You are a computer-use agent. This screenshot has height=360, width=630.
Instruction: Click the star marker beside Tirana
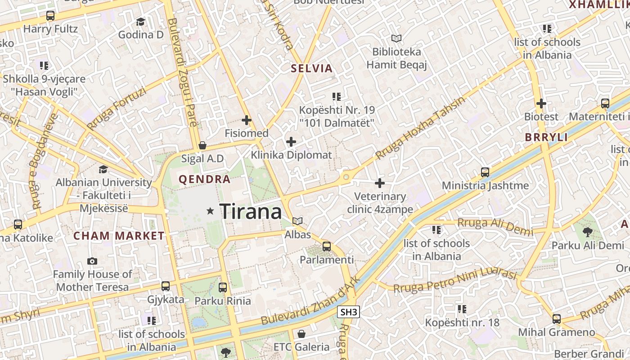click(x=210, y=211)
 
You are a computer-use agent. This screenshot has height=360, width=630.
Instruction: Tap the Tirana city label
click(x=251, y=211)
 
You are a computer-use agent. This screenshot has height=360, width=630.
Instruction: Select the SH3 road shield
click(x=349, y=312)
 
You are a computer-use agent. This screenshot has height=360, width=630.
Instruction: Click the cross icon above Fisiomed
click(x=246, y=120)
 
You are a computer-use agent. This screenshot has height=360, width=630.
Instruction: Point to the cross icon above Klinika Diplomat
click(x=291, y=142)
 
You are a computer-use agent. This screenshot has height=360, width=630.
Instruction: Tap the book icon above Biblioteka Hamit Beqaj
click(x=396, y=39)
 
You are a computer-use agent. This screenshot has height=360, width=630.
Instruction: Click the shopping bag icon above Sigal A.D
click(x=202, y=145)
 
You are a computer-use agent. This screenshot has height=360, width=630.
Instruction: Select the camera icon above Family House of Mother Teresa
click(x=92, y=261)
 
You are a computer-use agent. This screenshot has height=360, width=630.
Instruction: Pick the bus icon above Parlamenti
click(x=327, y=247)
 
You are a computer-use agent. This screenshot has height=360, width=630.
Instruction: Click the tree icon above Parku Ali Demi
click(x=587, y=232)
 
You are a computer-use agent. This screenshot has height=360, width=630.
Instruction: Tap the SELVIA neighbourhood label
click(x=311, y=68)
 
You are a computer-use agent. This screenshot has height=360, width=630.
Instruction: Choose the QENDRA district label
click(x=204, y=179)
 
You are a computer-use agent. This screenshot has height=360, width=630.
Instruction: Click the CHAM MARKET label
click(x=119, y=236)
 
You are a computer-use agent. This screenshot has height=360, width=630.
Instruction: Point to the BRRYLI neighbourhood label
click(x=546, y=138)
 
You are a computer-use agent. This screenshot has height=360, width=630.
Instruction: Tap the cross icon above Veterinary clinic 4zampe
click(x=380, y=183)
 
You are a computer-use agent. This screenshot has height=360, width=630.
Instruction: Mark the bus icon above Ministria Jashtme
click(x=485, y=172)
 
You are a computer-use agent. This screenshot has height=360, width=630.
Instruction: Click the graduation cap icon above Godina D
click(x=141, y=22)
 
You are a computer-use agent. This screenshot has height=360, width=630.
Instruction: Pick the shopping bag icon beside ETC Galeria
click(x=301, y=334)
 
